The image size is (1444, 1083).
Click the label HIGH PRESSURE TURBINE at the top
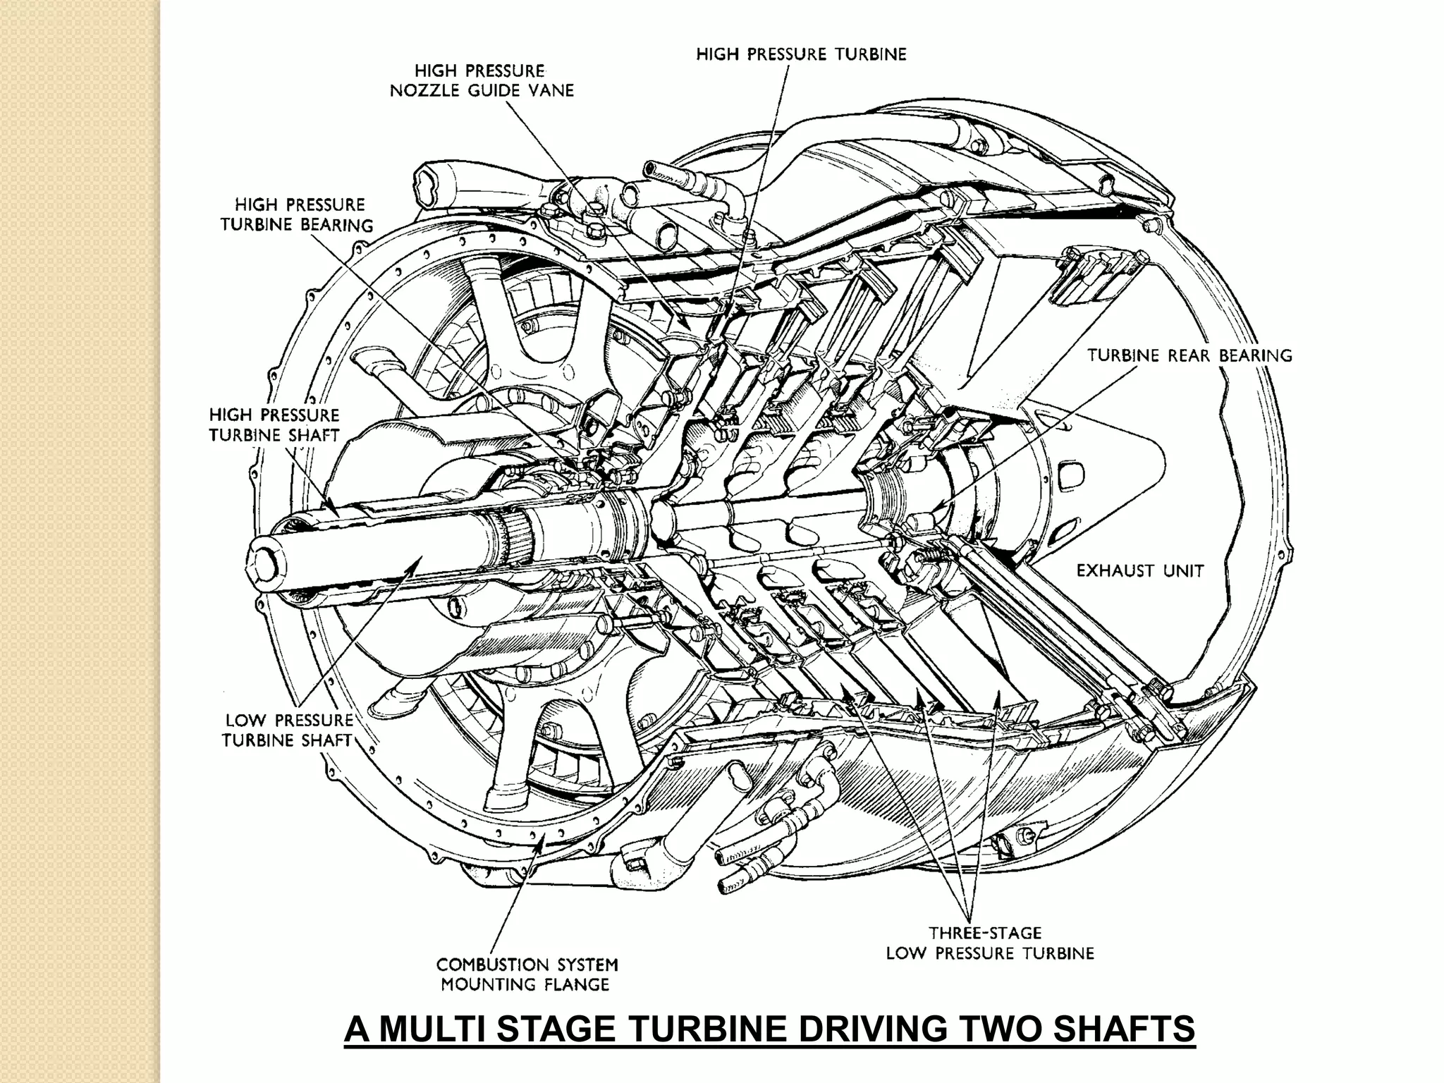(801, 54)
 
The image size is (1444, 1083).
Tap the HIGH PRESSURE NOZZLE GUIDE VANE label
(482, 80)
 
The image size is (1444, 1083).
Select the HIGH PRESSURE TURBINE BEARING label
(297, 215)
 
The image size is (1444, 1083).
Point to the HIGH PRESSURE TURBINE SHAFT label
(274, 424)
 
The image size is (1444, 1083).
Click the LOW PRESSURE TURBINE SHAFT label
(288, 730)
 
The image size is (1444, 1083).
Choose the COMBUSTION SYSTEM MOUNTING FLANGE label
(527, 974)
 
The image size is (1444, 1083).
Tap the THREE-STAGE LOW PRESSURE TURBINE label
(989, 943)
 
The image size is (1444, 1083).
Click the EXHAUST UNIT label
(1139, 571)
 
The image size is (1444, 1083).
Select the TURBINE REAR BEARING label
(1189, 355)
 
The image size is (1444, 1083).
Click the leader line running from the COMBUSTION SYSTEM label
(515, 895)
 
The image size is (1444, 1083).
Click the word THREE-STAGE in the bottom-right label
(984, 934)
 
